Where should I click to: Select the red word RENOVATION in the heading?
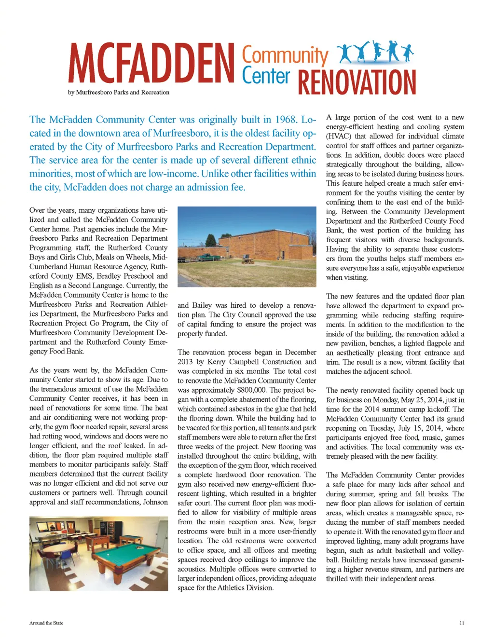[x=357, y=82]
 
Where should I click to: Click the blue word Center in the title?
[x=266, y=76]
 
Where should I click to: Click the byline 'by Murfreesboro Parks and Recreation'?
[x=119, y=92]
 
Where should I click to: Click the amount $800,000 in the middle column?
[x=251, y=390]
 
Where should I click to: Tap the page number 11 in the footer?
[x=462, y=623]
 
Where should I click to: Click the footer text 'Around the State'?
[x=46, y=623]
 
